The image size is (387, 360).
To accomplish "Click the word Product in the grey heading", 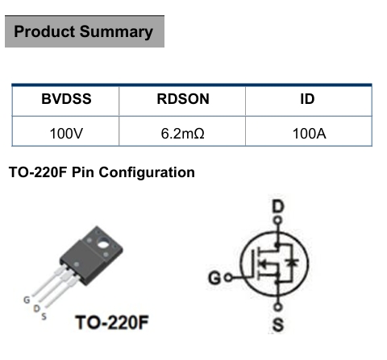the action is (x=44, y=31).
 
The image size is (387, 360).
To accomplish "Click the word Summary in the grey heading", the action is (x=116, y=32).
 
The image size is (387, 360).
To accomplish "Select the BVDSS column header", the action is (x=66, y=99).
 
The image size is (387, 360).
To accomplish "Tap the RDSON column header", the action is (x=183, y=99).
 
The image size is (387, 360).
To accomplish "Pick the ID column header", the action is (x=307, y=99).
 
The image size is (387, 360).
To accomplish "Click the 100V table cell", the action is (x=66, y=134).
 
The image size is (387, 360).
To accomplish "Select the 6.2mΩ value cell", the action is (x=182, y=134).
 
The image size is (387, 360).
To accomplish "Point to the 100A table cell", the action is (x=309, y=134).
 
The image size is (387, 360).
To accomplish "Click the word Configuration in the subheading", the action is (x=147, y=172).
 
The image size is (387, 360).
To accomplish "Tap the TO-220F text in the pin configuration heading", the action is (x=38, y=172).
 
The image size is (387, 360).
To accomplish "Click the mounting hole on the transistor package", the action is (x=102, y=244).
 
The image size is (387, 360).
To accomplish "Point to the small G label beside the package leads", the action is (x=27, y=300).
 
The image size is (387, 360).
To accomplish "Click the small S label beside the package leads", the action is (x=44, y=317).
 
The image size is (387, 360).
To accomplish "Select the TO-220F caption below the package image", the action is (x=112, y=322).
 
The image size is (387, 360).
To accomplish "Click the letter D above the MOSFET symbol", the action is (x=278, y=207).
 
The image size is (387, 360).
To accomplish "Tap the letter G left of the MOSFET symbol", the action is (x=215, y=278).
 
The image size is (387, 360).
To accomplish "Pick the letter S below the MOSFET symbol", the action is (x=278, y=325).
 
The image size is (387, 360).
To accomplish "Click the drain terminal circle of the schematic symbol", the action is (x=277, y=221).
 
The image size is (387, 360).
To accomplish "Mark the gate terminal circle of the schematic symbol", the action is (x=228, y=277).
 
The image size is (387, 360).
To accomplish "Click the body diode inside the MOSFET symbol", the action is (x=292, y=263).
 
